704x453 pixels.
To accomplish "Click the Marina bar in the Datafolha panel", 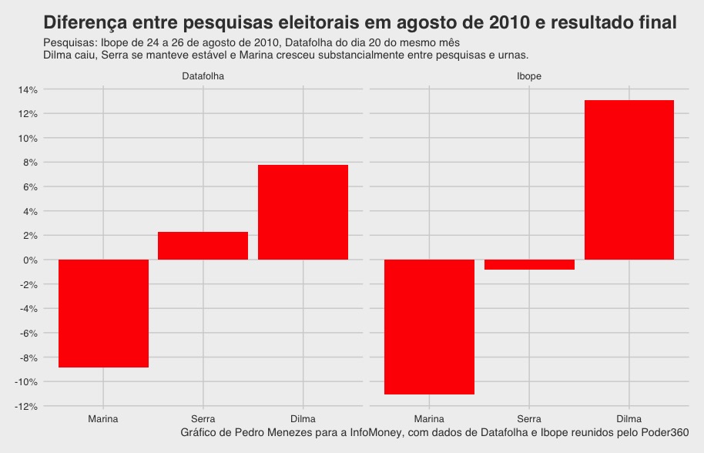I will coord(103,313).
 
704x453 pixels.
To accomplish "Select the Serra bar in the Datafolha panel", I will coord(203,246).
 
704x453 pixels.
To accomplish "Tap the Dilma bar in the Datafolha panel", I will coord(303,212).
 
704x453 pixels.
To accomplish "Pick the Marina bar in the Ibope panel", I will coord(429,327).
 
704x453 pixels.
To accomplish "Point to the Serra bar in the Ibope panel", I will coord(529,264).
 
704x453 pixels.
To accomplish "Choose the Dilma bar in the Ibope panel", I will coord(629,180).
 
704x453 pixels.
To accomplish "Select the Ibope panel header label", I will coord(529,77).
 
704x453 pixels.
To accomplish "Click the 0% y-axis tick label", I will coord(29,260).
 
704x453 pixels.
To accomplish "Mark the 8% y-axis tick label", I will coord(29,163).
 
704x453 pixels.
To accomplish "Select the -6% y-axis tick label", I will coord(28,333).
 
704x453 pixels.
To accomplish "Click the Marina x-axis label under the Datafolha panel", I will coord(103,419).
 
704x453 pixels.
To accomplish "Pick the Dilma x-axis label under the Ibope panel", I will coord(629,419).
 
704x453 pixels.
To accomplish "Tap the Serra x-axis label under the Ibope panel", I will coord(529,419).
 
